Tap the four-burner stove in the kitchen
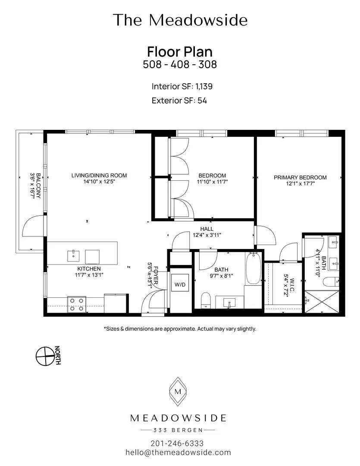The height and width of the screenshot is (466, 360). tap(77, 304)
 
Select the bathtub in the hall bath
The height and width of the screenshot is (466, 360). tap(253, 268)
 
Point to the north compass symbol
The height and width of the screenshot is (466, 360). tap(46, 356)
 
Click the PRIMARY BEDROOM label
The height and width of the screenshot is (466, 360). tap(301, 177)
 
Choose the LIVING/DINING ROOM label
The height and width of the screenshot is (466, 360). tap(99, 175)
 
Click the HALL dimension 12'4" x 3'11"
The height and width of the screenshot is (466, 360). tap(207, 235)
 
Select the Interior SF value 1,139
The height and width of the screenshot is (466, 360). tap(204, 86)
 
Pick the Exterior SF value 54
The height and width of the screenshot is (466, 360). tap(202, 101)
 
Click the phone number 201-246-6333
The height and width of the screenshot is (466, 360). tap(177, 444)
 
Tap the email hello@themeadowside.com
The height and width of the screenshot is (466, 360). tap(178, 453)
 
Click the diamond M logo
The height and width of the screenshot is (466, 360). tap(178, 391)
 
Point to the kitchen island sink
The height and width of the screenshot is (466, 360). tap(73, 256)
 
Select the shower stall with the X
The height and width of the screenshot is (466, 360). tap(322, 301)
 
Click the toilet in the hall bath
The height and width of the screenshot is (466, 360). tap(206, 300)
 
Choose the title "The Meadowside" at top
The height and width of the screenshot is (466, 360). tap(180, 20)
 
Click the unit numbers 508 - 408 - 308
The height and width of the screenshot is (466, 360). tap(180, 64)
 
